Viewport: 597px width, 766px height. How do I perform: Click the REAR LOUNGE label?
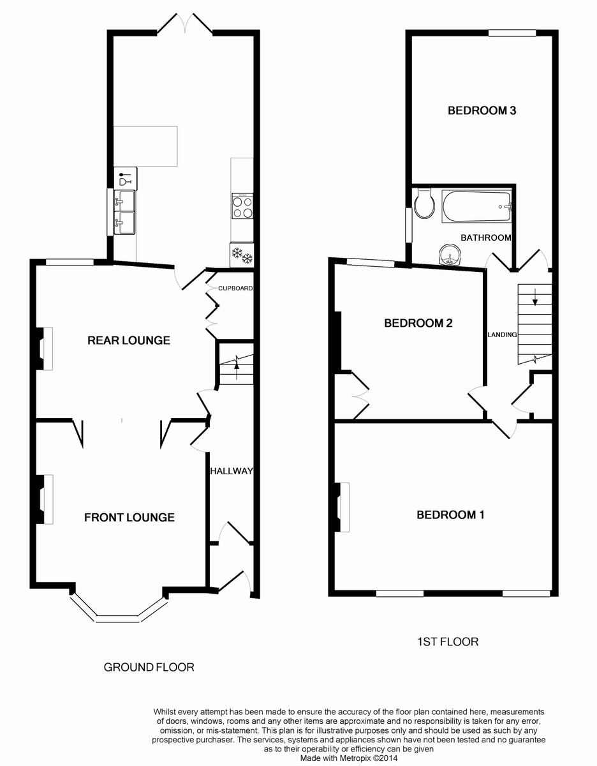click(129, 340)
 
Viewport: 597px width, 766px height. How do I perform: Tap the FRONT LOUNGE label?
click(129, 517)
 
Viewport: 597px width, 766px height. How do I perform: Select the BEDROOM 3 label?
click(482, 110)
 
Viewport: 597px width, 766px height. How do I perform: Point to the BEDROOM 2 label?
click(418, 323)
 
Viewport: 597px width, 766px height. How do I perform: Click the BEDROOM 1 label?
click(450, 514)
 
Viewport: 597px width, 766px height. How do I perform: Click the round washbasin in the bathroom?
click(450, 254)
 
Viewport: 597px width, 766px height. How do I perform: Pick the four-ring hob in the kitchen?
click(242, 206)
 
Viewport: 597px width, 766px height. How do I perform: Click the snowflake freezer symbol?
click(242, 255)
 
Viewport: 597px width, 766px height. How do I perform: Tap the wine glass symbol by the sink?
click(124, 179)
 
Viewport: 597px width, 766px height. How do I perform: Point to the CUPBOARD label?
click(235, 288)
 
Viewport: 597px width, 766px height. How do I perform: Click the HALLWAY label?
click(232, 471)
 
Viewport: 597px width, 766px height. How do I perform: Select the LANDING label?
click(502, 334)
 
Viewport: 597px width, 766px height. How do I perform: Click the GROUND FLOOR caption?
click(149, 667)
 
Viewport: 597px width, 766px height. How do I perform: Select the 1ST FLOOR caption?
click(448, 642)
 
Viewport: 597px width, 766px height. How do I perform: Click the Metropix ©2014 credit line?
click(349, 758)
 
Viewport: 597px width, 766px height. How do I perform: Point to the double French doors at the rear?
click(184, 24)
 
